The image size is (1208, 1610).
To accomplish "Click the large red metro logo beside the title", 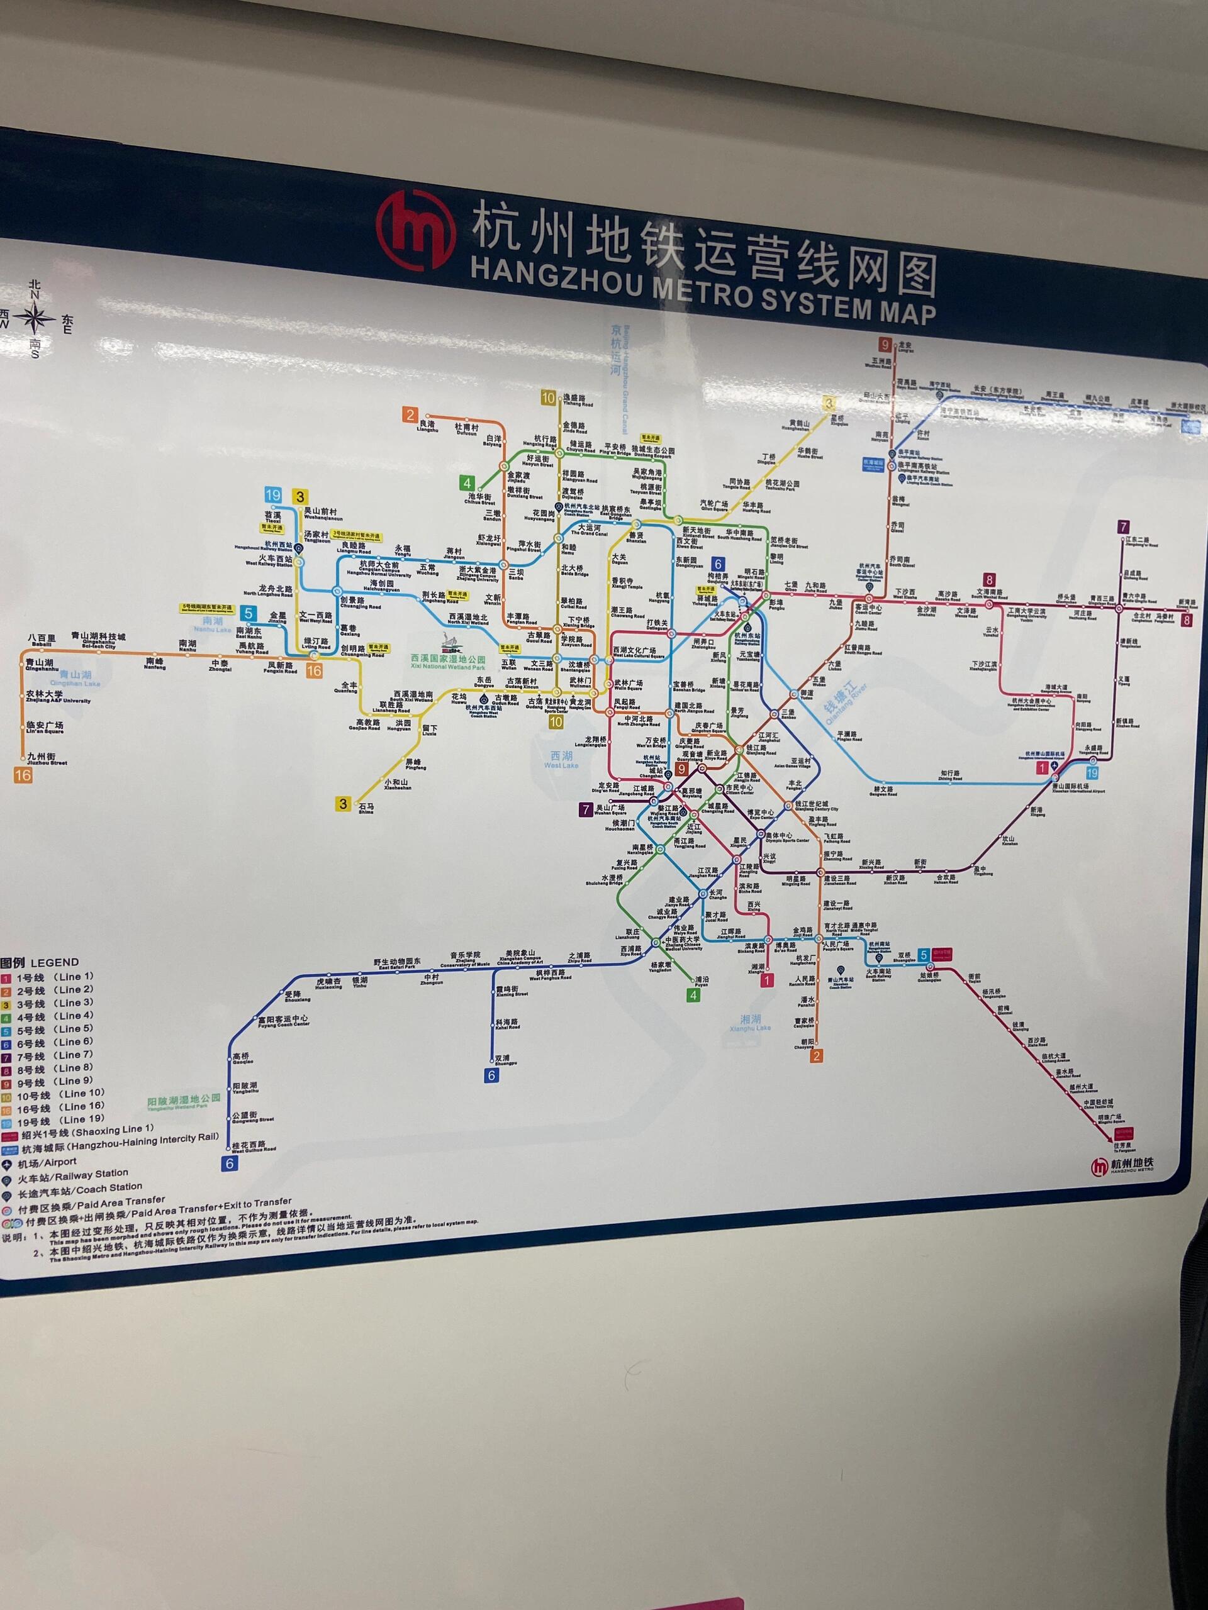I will [x=415, y=231].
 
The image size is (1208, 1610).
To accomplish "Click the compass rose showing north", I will [x=34, y=318].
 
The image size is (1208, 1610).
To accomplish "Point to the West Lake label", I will [x=561, y=760].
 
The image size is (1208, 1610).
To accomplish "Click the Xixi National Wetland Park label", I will [x=448, y=662].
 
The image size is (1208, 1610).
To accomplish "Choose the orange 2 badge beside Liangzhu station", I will [x=410, y=415].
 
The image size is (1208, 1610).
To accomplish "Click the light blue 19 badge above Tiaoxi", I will [x=273, y=496].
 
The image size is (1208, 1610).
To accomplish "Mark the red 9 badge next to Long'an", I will [x=885, y=345].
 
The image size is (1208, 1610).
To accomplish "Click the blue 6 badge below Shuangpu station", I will [x=492, y=1075].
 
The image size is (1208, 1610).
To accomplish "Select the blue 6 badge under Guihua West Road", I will [x=230, y=1163].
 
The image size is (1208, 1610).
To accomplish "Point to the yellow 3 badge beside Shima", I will [x=343, y=804].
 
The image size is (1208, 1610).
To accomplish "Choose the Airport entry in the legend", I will [x=47, y=1163].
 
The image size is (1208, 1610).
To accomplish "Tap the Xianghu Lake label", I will [x=750, y=1023].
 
